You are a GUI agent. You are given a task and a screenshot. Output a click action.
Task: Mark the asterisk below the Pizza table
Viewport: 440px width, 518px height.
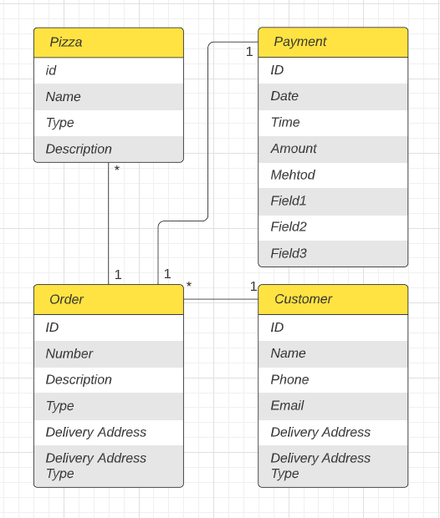tap(117, 170)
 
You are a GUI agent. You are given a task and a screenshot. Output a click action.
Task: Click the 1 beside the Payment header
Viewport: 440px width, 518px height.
tap(249, 52)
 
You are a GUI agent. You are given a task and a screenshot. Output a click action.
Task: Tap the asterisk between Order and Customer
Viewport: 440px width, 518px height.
tap(189, 287)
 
